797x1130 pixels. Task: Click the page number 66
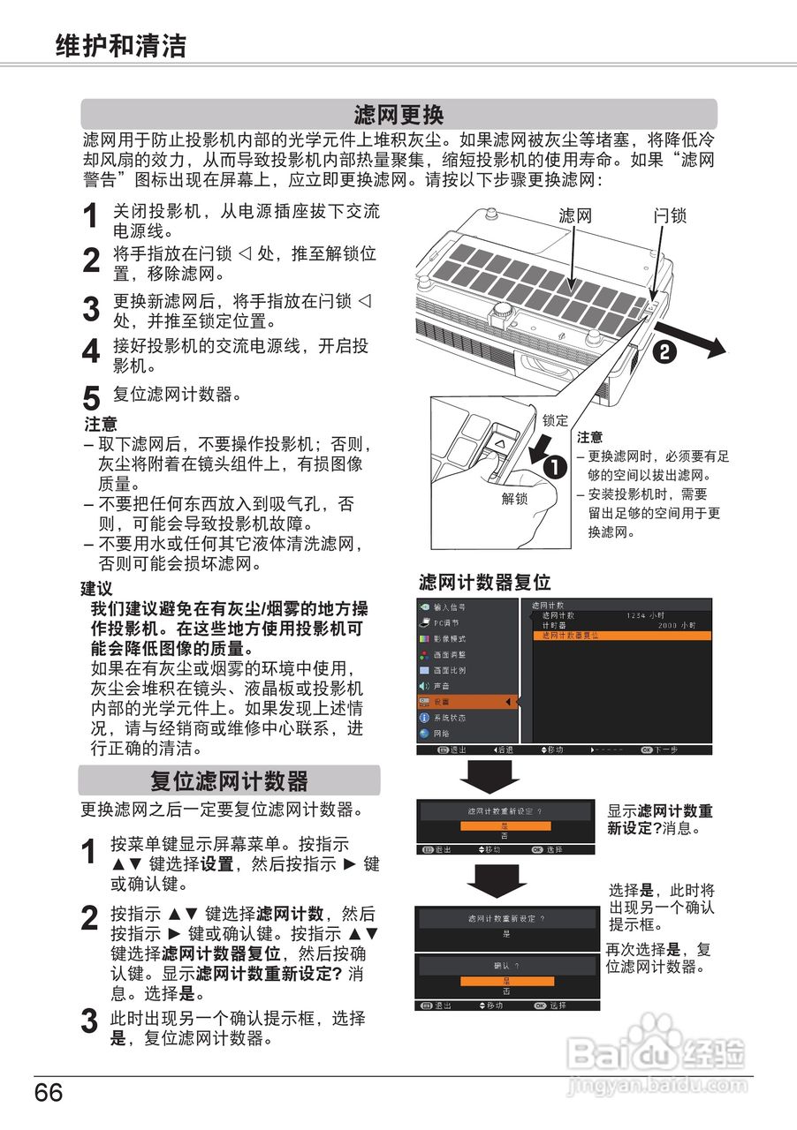click(49, 1094)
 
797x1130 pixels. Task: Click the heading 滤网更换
click(398, 115)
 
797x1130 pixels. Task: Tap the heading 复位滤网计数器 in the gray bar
click(229, 781)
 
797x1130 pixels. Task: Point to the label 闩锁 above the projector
click(670, 215)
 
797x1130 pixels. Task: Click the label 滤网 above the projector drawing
click(574, 215)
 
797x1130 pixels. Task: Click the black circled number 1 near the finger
click(556, 469)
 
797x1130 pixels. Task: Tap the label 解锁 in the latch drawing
click(514, 499)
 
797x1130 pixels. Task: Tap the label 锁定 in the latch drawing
click(555, 421)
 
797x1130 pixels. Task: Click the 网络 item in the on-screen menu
click(441, 734)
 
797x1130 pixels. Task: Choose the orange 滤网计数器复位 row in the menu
click(569, 636)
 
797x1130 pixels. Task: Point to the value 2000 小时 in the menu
click(677, 625)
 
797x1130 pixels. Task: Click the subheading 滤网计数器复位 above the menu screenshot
click(484, 583)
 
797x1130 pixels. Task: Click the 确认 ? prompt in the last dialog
click(506, 966)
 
